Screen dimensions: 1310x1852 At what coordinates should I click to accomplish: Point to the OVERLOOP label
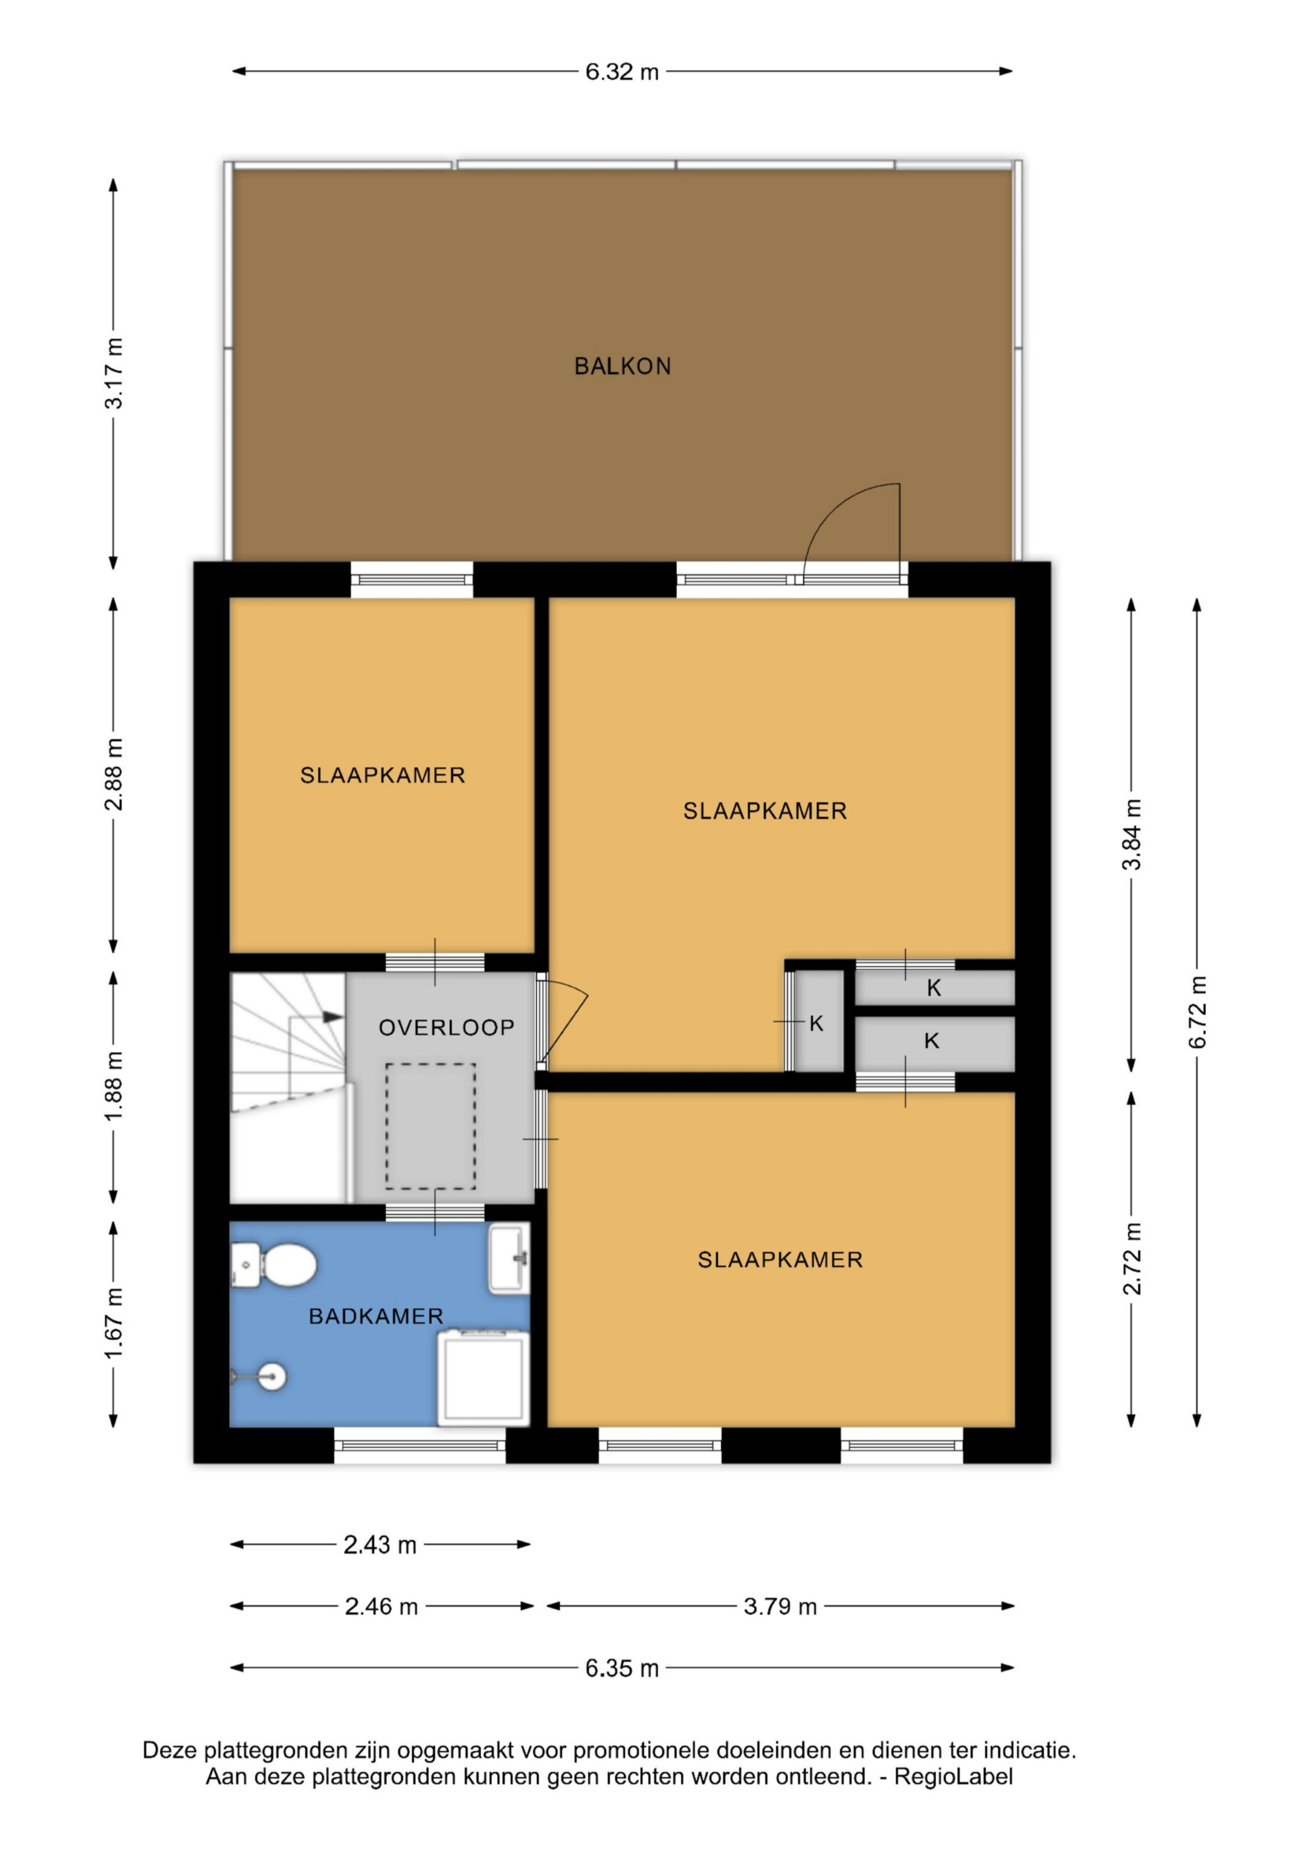pyautogui.click(x=446, y=1028)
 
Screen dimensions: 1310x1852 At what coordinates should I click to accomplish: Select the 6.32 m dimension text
pyautogui.click(x=622, y=72)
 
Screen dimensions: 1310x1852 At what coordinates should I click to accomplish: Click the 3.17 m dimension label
pyautogui.click(x=113, y=373)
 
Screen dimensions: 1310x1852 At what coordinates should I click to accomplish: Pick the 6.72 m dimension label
pyautogui.click(x=1197, y=1012)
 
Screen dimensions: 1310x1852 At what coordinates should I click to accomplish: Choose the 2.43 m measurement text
pyautogui.click(x=380, y=1545)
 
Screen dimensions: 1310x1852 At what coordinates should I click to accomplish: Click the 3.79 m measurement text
pyautogui.click(x=780, y=1607)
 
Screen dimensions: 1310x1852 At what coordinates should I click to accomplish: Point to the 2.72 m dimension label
pyautogui.click(x=1132, y=1258)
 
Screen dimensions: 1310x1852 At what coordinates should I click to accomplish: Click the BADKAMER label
pyautogui.click(x=376, y=1317)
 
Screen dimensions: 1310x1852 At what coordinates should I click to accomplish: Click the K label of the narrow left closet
pyautogui.click(x=816, y=1024)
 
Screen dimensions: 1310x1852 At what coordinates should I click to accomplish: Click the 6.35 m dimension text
pyautogui.click(x=622, y=1668)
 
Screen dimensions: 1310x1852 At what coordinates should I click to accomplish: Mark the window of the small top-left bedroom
pyautogui.click(x=412, y=580)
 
